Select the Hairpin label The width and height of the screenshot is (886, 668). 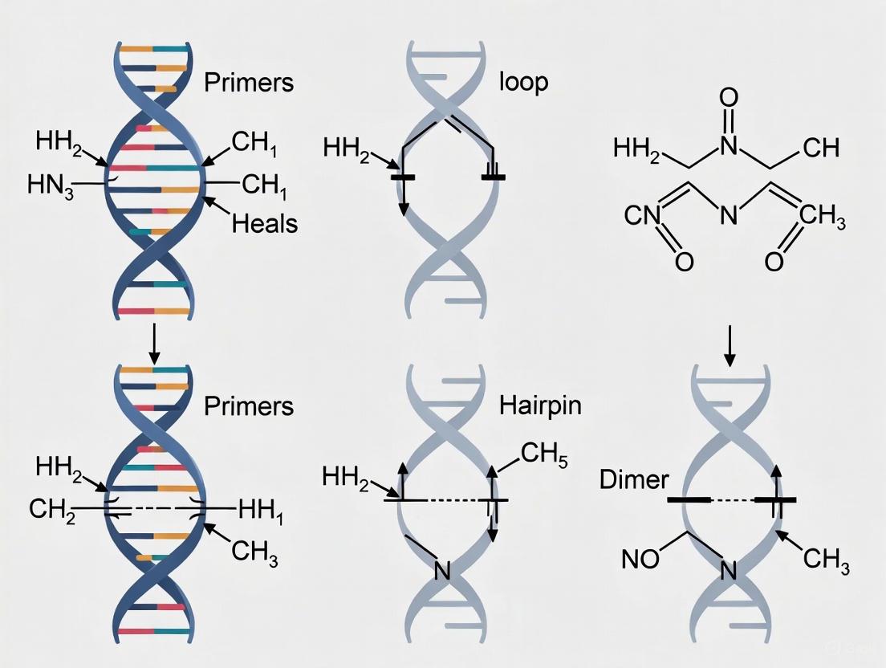pyautogui.click(x=539, y=404)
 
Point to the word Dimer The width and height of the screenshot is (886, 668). pyautogui.click(x=633, y=479)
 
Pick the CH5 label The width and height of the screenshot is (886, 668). pyautogui.click(x=543, y=454)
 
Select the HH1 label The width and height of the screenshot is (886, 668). pyautogui.click(x=261, y=508)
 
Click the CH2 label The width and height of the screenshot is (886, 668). pyautogui.click(x=51, y=508)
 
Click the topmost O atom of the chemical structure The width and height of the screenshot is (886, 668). pyautogui.click(x=729, y=99)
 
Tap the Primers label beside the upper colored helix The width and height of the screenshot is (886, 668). pyautogui.click(x=249, y=82)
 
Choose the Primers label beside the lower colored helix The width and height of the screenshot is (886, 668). pyautogui.click(x=249, y=405)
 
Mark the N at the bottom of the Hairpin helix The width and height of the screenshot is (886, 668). pyautogui.click(x=441, y=572)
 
